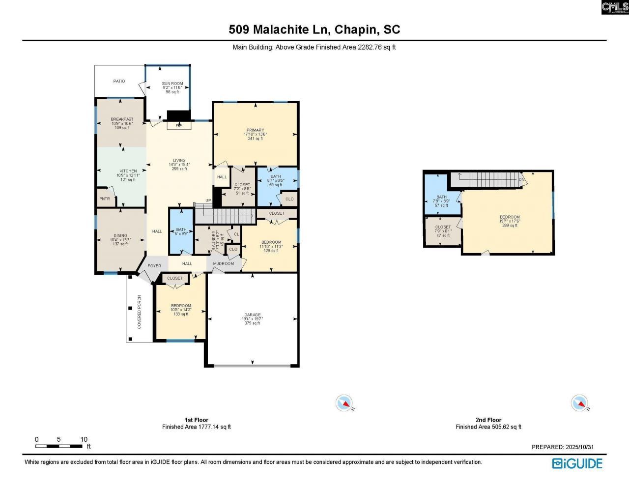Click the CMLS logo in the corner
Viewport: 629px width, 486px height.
click(615, 7)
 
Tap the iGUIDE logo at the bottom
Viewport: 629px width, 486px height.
click(577, 463)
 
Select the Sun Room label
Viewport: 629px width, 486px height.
click(172, 84)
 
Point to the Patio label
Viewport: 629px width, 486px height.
click(119, 81)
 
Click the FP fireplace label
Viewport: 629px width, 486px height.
click(178, 126)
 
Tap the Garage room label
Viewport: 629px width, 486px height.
click(253, 315)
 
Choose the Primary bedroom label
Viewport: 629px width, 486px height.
click(256, 130)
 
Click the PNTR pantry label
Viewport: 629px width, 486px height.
click(105, 199)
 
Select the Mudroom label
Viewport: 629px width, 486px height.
click(224, 264)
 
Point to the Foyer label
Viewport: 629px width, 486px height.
click(154, 266)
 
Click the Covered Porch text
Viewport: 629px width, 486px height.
click(140, 312)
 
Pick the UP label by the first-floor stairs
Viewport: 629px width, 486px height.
click(208, 200)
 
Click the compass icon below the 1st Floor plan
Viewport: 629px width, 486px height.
click(344, 403)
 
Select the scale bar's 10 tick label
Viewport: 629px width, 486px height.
click(84, 439)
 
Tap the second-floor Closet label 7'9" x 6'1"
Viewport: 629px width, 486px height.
click(443, 228)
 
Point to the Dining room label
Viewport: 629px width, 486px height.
click(120, 236)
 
